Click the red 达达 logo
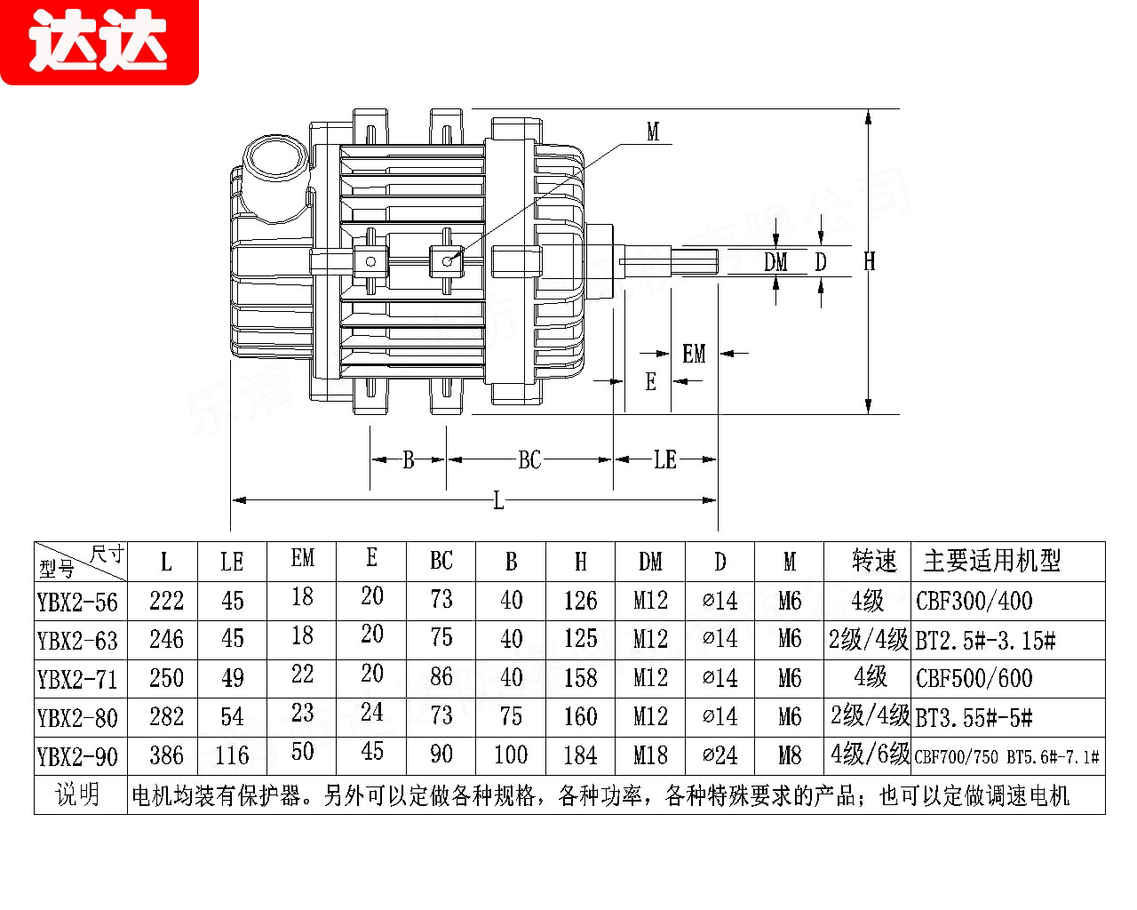pos(99,42)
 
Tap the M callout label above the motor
pos(653,132)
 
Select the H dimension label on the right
pos(870,260)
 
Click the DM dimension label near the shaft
pos(776,262)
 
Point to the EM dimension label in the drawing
pos(694,354)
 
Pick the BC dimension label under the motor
pos(529,459)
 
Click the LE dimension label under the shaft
pos(665,459)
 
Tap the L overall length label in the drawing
pos(498,502)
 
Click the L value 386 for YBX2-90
pos(166,755)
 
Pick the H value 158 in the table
pos(580,678)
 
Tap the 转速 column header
pos(875,561)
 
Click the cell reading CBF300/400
pos(974,601)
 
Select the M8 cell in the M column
pos(790,755)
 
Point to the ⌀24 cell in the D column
pos(720,755)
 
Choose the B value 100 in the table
pos(511,755)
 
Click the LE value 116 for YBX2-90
pos(232,756)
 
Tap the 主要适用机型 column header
pos(992,561)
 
